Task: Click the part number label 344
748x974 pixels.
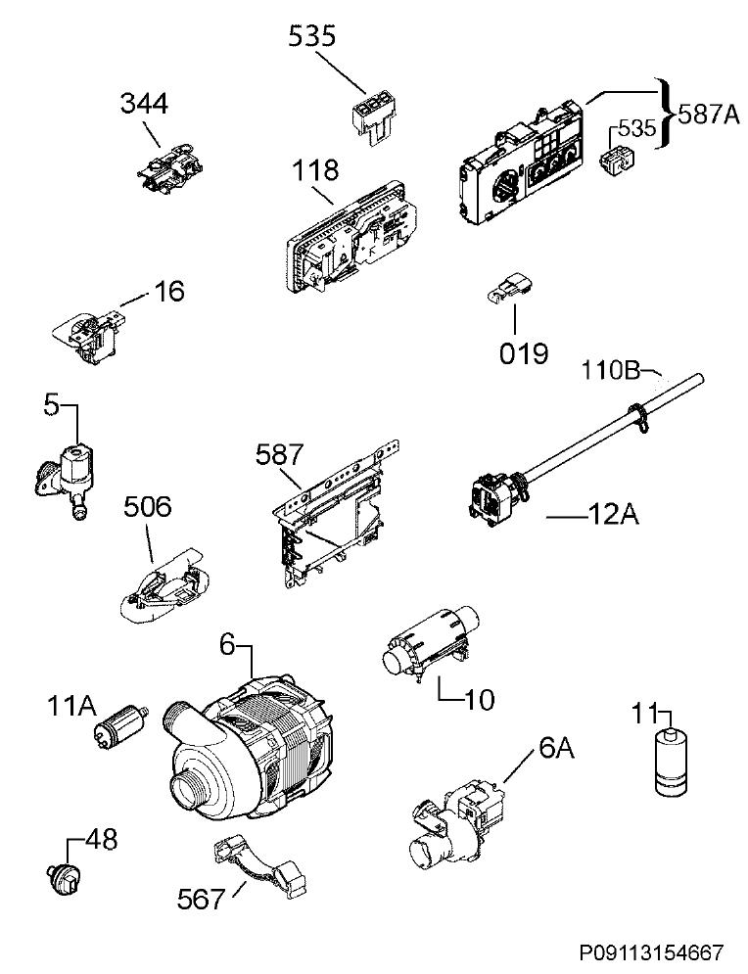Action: [144, 103]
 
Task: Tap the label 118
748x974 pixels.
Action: [315, 169]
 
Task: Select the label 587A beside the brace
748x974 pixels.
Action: [708, 115]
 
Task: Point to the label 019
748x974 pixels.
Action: [524, 353]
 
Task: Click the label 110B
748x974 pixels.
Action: [610, 371]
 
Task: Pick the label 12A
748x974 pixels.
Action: [613, 515]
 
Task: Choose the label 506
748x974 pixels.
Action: [148, 507]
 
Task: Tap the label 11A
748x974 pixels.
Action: [71, 706]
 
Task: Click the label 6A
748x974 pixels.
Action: [557, 749]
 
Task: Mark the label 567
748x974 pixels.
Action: [200, 899]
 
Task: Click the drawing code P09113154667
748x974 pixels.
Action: [652, 952]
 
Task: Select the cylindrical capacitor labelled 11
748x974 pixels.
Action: [672, 762]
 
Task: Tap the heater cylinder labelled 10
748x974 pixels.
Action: [430, 641]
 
